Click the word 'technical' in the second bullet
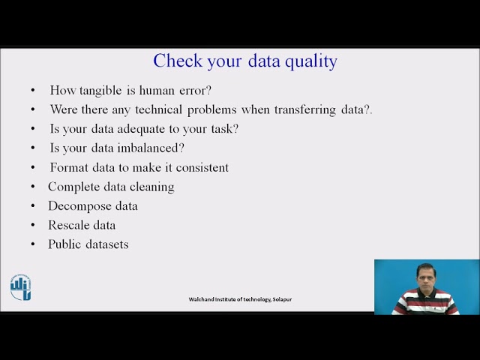[159, 109]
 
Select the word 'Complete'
[73, 187]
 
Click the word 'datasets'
[107, 244]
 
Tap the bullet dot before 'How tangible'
[33, 91]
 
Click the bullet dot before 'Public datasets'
[33, 245]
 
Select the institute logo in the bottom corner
[20, 287]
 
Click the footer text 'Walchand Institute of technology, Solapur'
[240, 299]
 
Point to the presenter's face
[425, 275]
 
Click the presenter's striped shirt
[425, 302]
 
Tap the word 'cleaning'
[152, 187]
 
